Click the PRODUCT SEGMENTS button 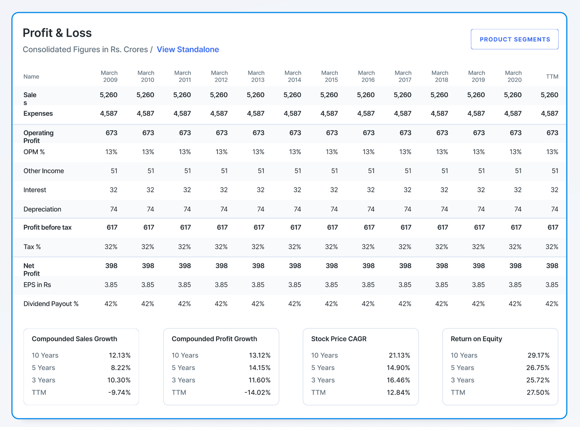[514, 39]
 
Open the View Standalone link [188, 49]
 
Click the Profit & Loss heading [57, 33]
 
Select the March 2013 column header [256, 76]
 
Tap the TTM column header [552, 76]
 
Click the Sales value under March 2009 [108, 95]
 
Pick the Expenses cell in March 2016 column [366, 113]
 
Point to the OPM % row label [34, 152]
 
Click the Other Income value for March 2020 [518, 171]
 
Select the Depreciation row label [42, 209]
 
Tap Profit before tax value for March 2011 [185, 227]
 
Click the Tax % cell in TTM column [552, 246]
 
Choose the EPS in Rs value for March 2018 [442, 285]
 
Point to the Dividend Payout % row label [51, 303]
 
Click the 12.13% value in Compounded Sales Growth [120, 355]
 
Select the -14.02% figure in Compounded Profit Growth [257, 392]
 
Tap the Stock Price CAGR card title [339, 339]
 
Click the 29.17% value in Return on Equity [539, 355]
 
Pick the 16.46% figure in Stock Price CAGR [398, 380]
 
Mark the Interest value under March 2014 [297, 190]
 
